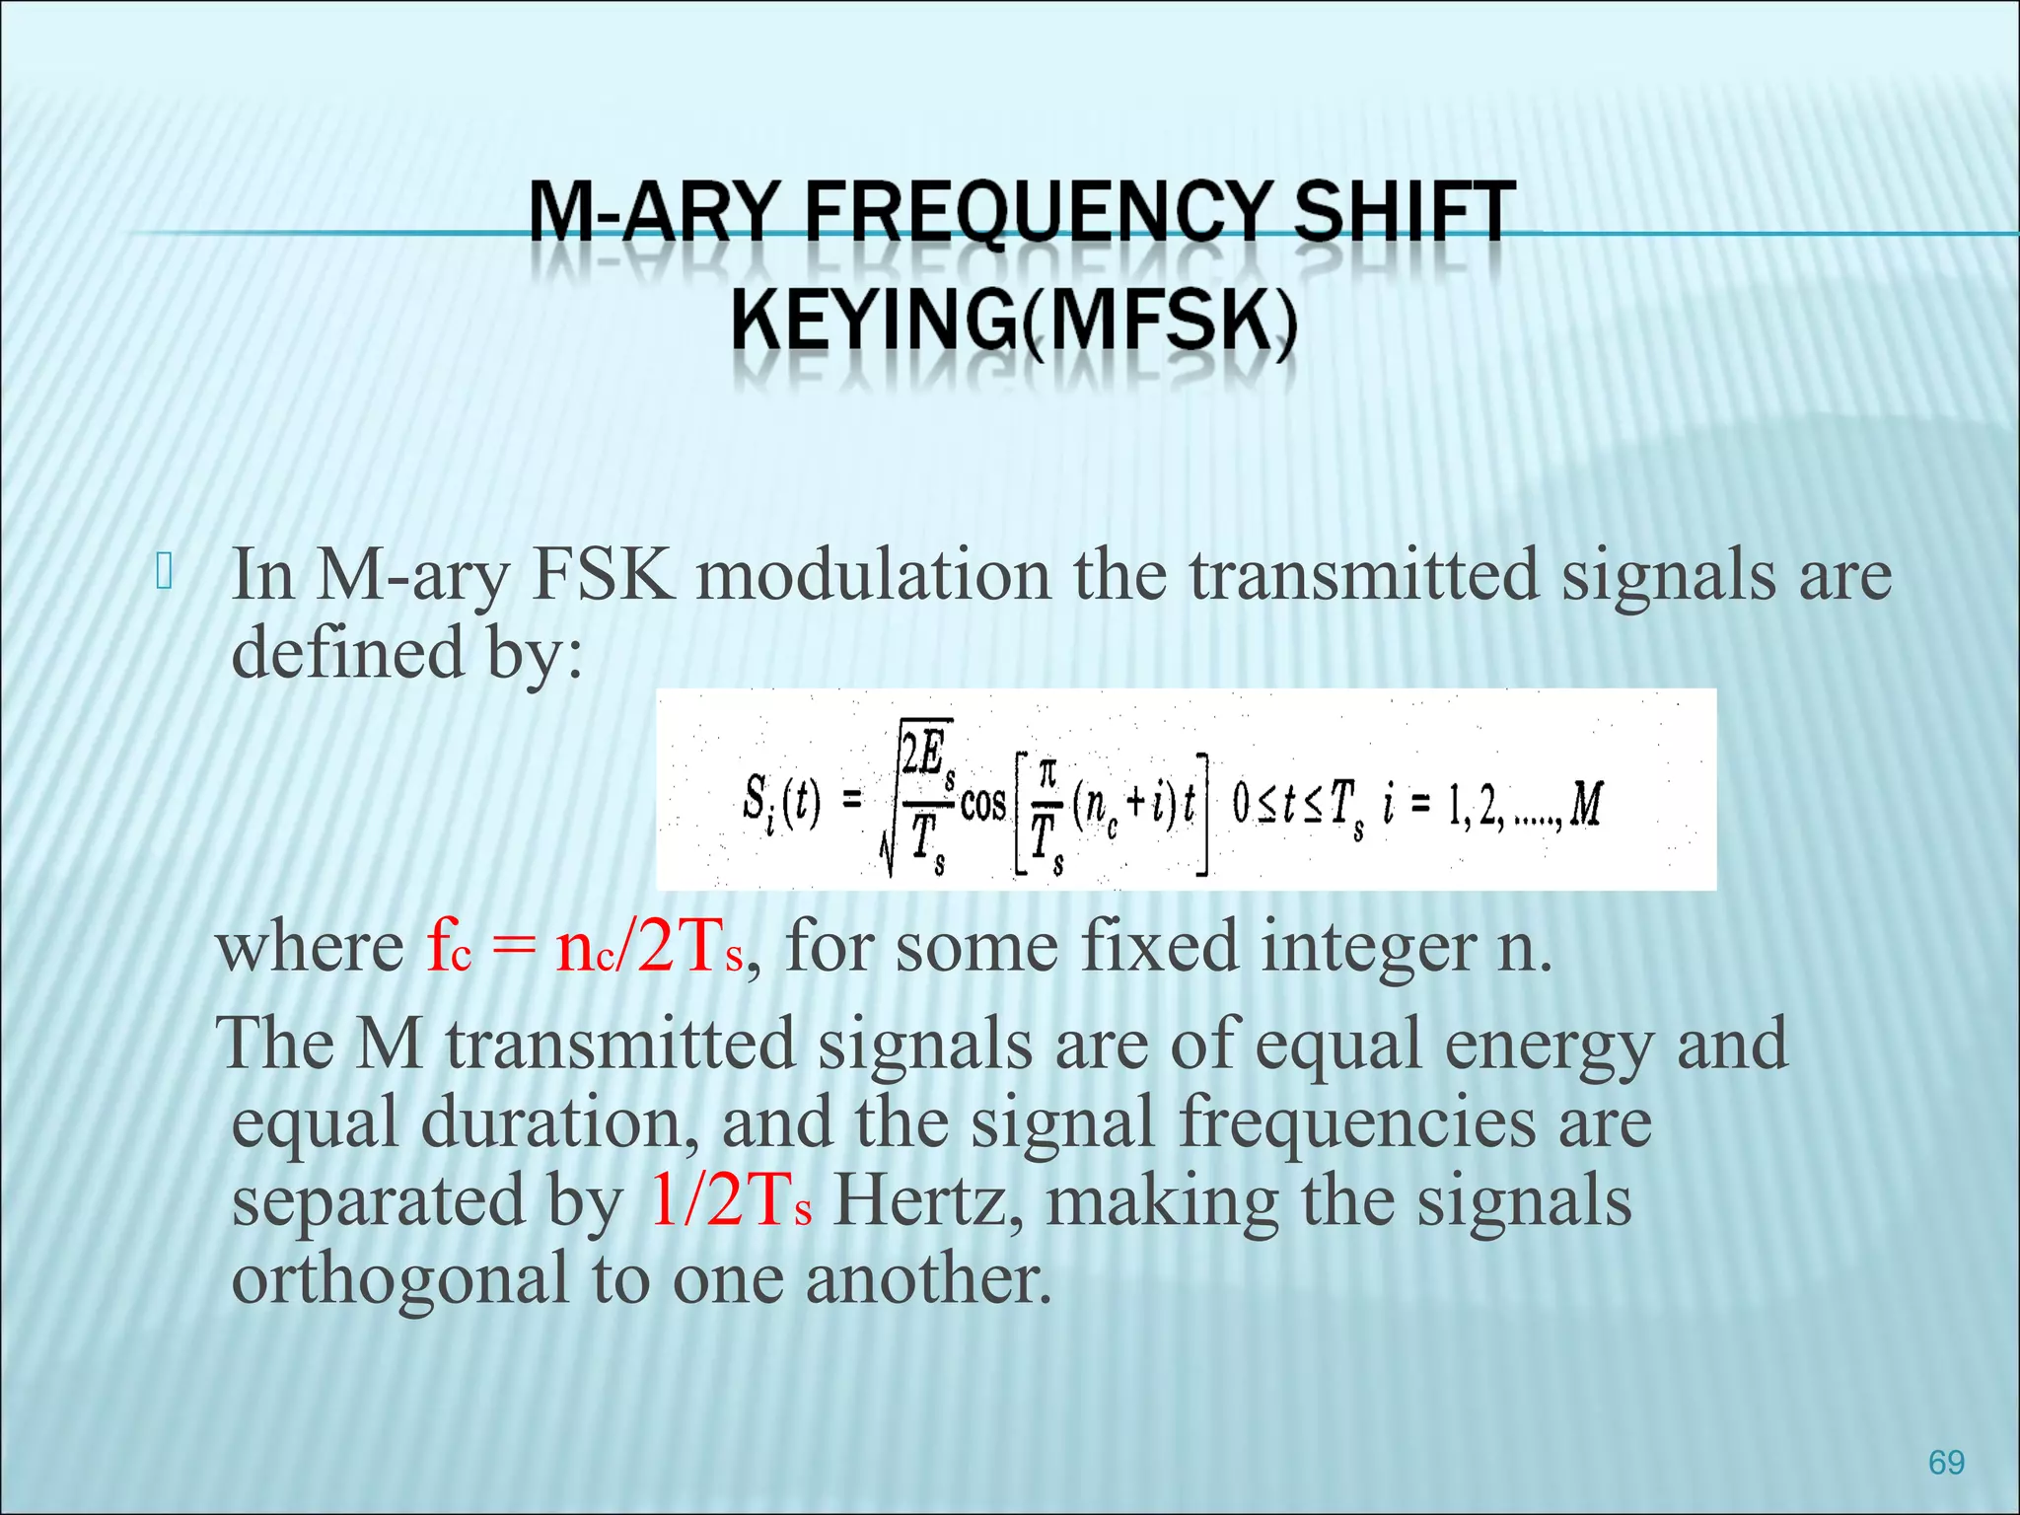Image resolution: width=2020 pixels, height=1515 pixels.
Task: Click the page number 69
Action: click(x=1945, y=1462)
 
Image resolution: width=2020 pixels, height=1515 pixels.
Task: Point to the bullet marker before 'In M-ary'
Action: click(x=164, y=573)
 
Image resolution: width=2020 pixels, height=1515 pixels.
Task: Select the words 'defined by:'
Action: click(x=406, y=653)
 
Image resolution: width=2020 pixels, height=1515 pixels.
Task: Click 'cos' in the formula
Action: click(x=982, y=804)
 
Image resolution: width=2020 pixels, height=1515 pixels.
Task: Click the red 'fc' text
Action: click(x=449, y=946)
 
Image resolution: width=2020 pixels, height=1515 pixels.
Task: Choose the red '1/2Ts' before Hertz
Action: click(x=731, y=1201)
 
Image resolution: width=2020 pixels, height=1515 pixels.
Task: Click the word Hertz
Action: click(x=927, y=1201)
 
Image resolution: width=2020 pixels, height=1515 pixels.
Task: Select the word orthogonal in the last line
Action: click(x=399, y=1279)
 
